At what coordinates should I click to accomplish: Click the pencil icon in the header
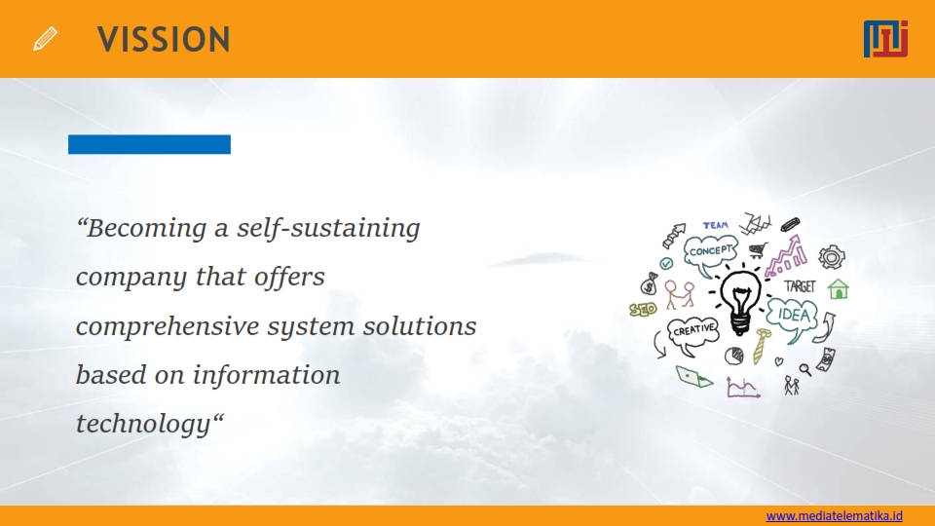(x=46, y=39)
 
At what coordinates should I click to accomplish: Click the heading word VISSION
(x=164, y=39)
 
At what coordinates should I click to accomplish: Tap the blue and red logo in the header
(x=885, y=39)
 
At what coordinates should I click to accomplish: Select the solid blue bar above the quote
(x=149, y=144)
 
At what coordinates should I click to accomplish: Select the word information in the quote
(x=266, y=375)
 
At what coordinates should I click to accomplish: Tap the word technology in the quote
(x=144, y=425)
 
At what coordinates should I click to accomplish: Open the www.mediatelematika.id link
(x=835, y=515)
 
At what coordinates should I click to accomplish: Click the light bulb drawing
(x=740, y=301)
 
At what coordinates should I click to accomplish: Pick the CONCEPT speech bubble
(x=710, y=253)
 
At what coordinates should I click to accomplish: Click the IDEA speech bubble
(x=793, y=318)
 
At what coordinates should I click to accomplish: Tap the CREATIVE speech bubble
(x=692, y=333)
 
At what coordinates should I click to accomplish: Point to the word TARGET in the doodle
(x=800, y=286)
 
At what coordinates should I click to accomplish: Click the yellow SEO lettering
(x=643, y=309)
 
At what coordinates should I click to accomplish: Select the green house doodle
(x=838, y=288)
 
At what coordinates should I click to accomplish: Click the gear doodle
(x=831, y=257)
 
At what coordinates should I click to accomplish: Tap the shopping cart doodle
(x=758, y=250)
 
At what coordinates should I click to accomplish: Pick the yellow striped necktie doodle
(x=761, y=346)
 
